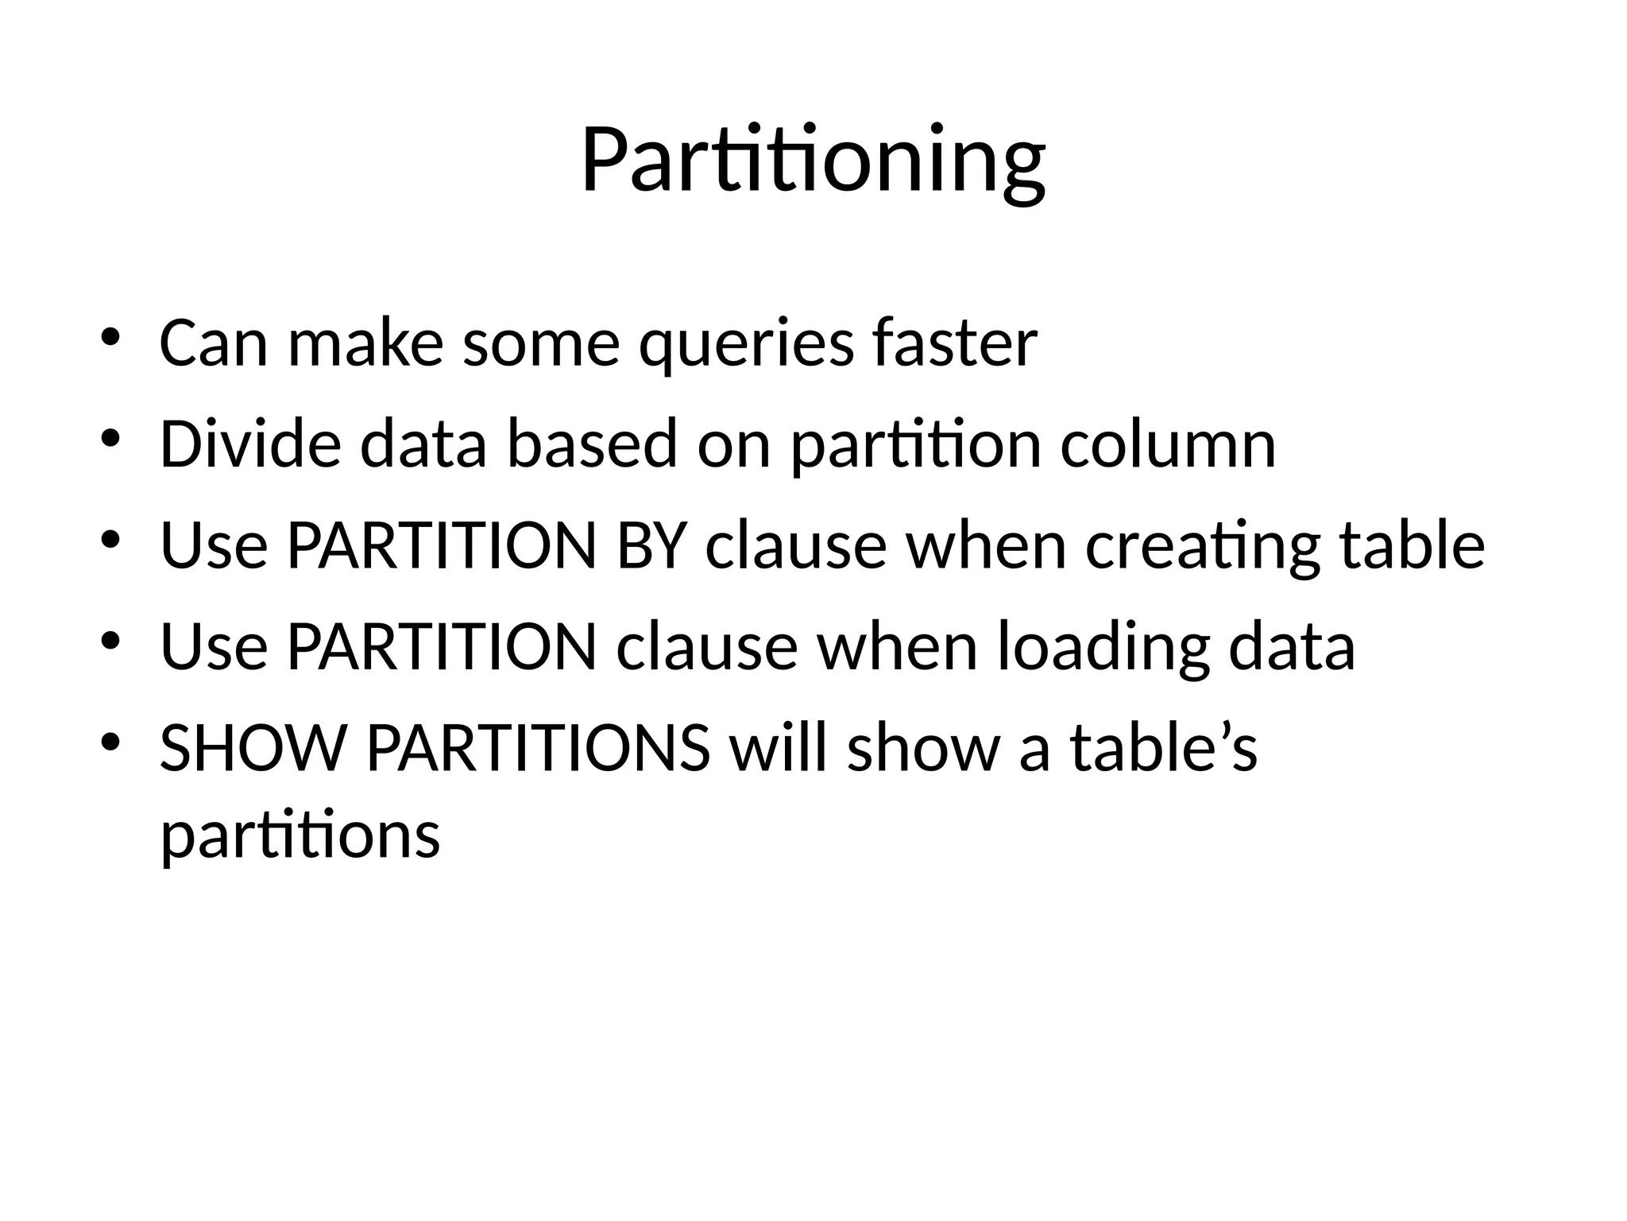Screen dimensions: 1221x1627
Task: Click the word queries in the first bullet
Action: point(747,344)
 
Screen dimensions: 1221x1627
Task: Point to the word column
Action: point(1168,444)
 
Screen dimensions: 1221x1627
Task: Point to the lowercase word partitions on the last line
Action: point(300,836)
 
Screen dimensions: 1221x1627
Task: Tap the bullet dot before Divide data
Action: point(110,437)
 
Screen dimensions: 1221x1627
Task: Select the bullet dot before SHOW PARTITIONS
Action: point(110,742)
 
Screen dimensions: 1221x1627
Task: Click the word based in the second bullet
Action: point(592,443)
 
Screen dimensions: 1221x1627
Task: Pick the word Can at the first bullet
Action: point(214,343)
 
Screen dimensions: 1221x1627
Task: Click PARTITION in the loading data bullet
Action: point(441,646)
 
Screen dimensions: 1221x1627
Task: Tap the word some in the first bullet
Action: point(541,344)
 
